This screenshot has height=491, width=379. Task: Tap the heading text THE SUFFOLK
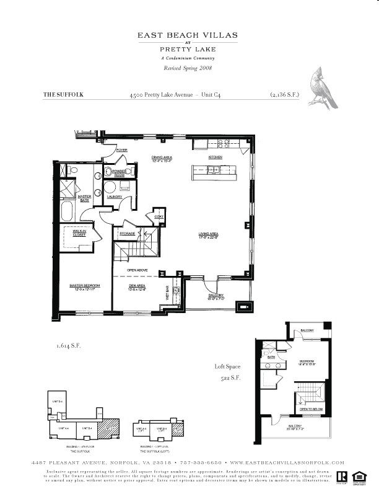tap(63, 95)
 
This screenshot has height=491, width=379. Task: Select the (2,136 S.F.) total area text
tap(284, 95)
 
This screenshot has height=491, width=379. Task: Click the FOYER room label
tap(121, 150)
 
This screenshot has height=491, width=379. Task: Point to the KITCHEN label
tap(215, 157)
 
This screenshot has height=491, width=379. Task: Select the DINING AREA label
tap(162, 159)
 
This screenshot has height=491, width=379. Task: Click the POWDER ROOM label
tap(120, 173)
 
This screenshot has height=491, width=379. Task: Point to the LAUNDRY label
tap(114, 197)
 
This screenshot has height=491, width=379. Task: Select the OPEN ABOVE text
tap(137, 270)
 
